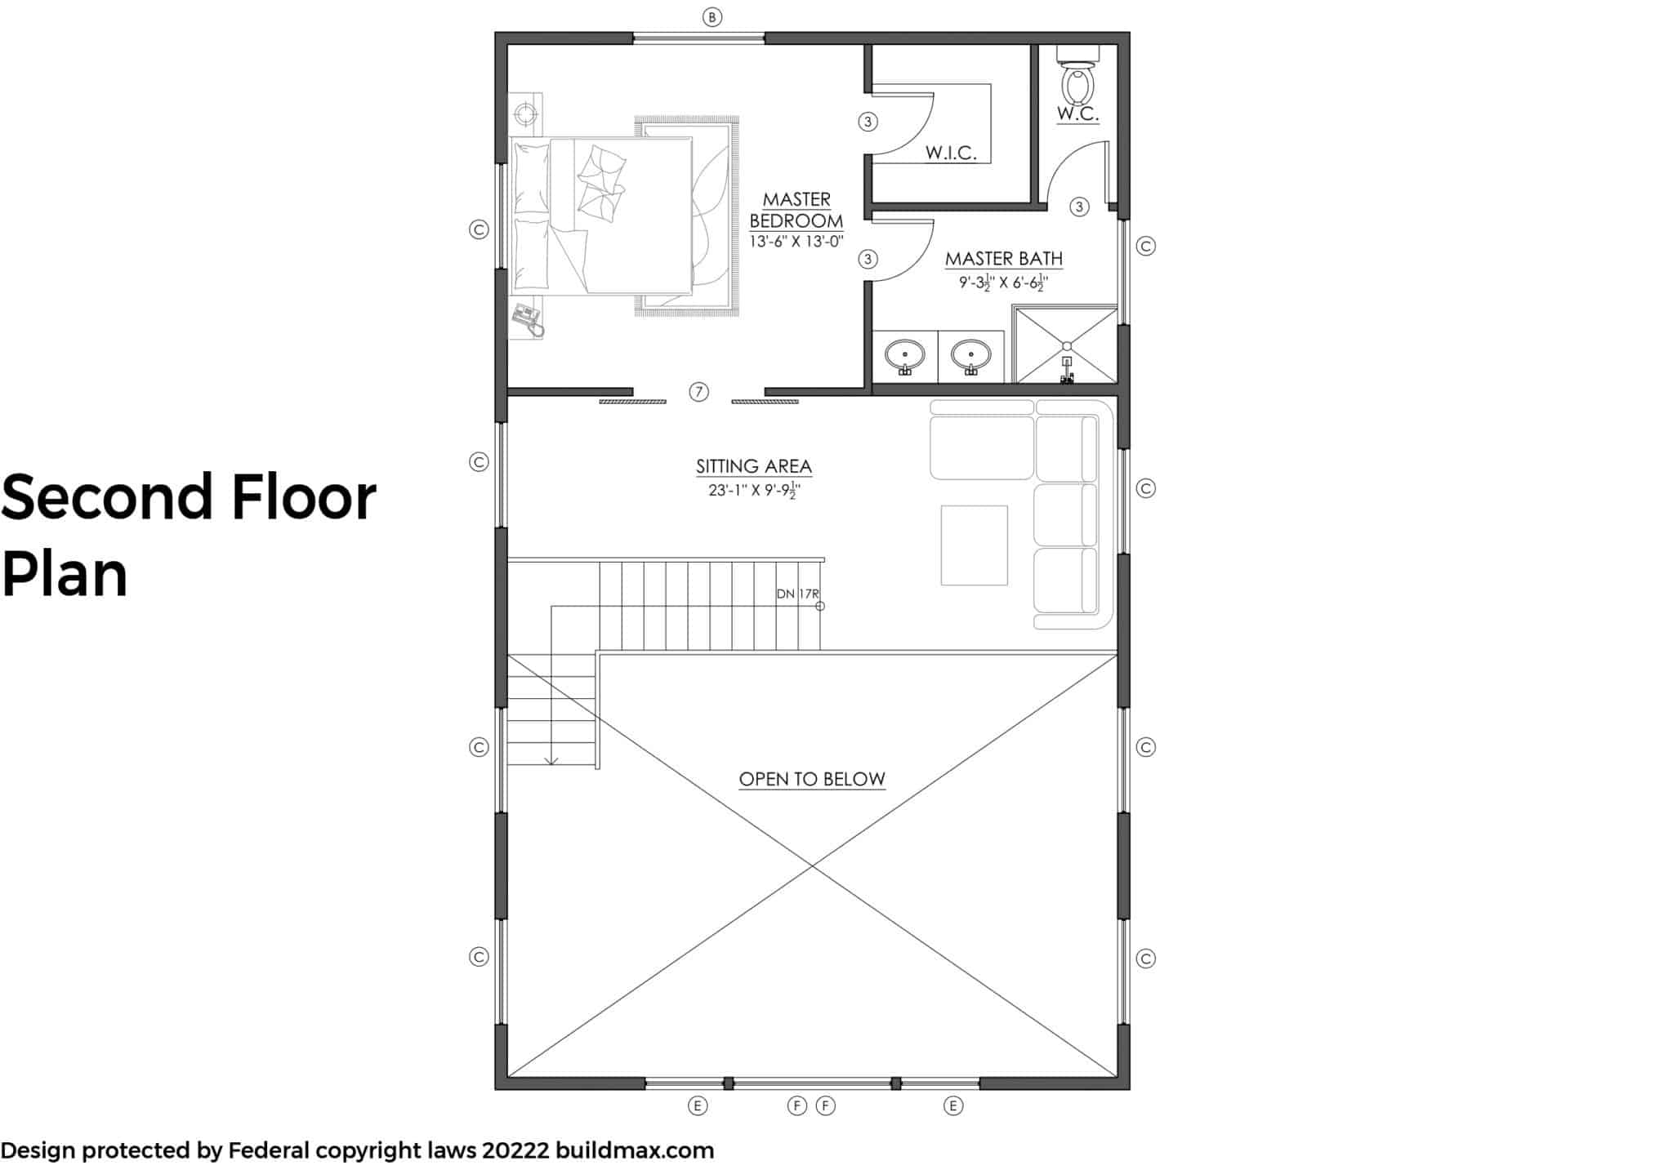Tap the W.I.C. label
click(951, 153)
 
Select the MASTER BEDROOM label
click(796, 210)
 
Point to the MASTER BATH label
click(1004, 259)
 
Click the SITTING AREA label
click(754, 466)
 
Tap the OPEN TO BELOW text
click(812, 779)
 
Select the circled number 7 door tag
click(698, 392)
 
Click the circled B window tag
click(712, 17)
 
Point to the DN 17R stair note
click(797, 594)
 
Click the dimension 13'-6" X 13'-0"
click(796, 241)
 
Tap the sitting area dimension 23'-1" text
click(725, 492)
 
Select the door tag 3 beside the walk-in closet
click(868, 122)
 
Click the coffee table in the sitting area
click(974, 545)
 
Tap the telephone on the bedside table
click(527, 318)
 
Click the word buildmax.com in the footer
click(635, 1150)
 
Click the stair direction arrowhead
click(551, 761)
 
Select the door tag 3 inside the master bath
click(1079, 207)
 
